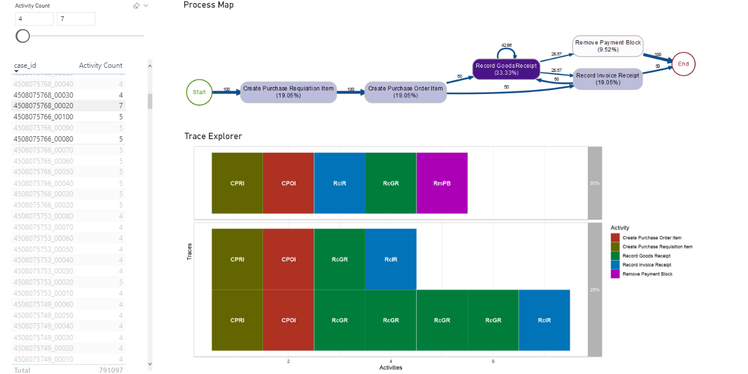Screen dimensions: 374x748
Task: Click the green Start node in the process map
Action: (x=199, y=92)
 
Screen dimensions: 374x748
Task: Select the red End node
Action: (x=683, y=64)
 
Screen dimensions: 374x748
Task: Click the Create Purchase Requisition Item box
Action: (x=288, y=92)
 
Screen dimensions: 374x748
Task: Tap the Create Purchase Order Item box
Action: (x=406, y=92)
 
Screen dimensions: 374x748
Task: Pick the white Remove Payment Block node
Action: (x=608, y=46)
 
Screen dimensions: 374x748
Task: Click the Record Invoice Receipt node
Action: (x=608, y=79)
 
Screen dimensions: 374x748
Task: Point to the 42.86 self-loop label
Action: (x=507, y=45)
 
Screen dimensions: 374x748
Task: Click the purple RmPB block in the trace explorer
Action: (x=442, y=183)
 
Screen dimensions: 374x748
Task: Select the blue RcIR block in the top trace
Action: (x=340, y=183)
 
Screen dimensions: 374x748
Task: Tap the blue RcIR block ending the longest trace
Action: (x=544, y=320)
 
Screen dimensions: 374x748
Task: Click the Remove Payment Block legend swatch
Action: (x=615, y=274)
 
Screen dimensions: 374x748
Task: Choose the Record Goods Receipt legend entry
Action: (x=646, y=256)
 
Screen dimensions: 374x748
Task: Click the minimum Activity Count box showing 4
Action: (x=34, y=19)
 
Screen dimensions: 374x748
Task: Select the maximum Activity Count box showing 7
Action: (x=76, y=19)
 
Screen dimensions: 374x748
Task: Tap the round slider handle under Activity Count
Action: (x=23, y=36)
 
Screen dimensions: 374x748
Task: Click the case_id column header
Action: (x=25, y=65)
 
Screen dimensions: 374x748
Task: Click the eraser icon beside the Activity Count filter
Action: (x=136, y=5)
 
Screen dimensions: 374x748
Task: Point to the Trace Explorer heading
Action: (x=213, y=136)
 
